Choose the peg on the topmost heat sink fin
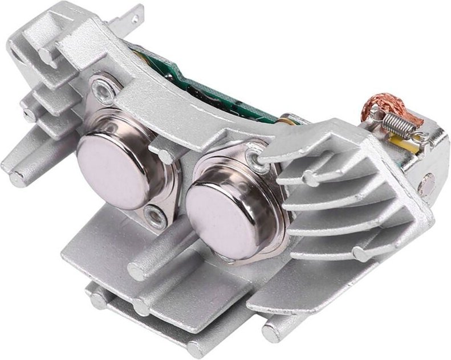pos(311,178)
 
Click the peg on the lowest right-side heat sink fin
pos(360,254)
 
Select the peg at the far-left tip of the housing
pos(17,180)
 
